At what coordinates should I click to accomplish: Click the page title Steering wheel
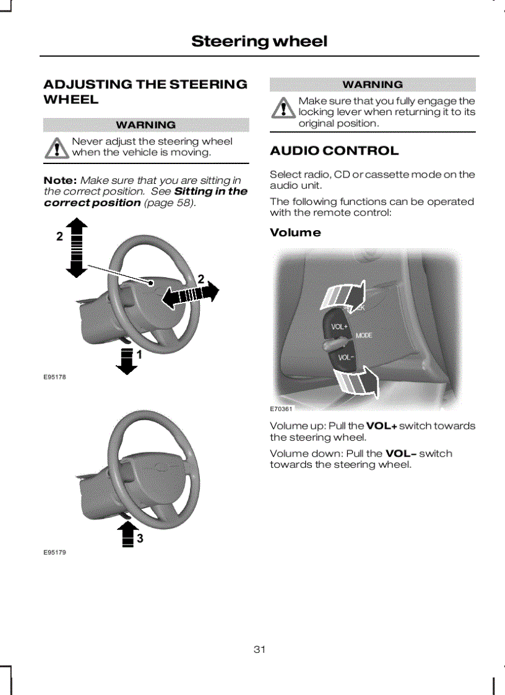259,41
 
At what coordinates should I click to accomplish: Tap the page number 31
259,649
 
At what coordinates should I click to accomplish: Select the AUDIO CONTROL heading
334,151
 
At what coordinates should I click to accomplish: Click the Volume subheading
295,233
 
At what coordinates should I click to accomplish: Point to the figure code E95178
54,377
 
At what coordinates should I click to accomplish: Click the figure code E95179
54,552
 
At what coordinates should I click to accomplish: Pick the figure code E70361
281,409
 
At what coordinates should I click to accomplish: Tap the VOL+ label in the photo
340,326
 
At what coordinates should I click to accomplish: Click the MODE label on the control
364,335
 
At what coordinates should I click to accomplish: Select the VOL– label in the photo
345,357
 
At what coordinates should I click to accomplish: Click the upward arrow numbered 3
127,533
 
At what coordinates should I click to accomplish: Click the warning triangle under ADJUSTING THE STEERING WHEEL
58,149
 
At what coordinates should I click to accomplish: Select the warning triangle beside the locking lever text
284,109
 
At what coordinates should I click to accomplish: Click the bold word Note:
60,180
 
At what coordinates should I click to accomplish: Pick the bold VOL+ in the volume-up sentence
381,426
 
